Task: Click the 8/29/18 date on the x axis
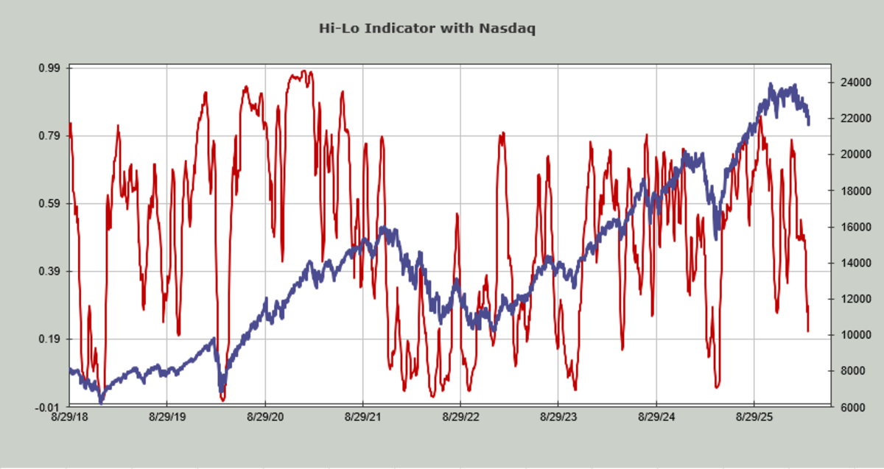[69, 417]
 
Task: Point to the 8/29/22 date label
[460, 417]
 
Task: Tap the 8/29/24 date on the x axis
[656, 417]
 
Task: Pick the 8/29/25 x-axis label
[754, 417]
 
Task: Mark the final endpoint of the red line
[808, 331]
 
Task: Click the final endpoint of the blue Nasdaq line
[809, 123]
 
